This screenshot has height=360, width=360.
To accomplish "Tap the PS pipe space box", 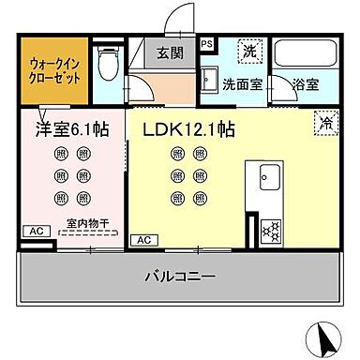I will click(207, 42).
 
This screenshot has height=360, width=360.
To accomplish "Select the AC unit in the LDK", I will click(145, 241).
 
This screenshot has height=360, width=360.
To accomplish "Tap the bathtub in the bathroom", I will click(307, 54).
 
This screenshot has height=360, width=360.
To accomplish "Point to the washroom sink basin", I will click(211, 79).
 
